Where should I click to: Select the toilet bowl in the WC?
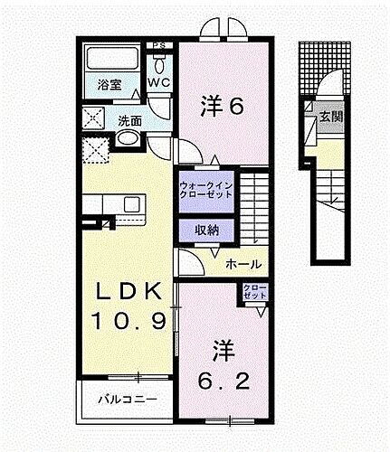160,66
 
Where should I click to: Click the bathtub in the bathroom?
110,61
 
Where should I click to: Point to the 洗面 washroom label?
129,119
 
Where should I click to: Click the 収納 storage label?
207,230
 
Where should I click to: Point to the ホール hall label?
244,265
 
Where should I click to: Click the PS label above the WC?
159,44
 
